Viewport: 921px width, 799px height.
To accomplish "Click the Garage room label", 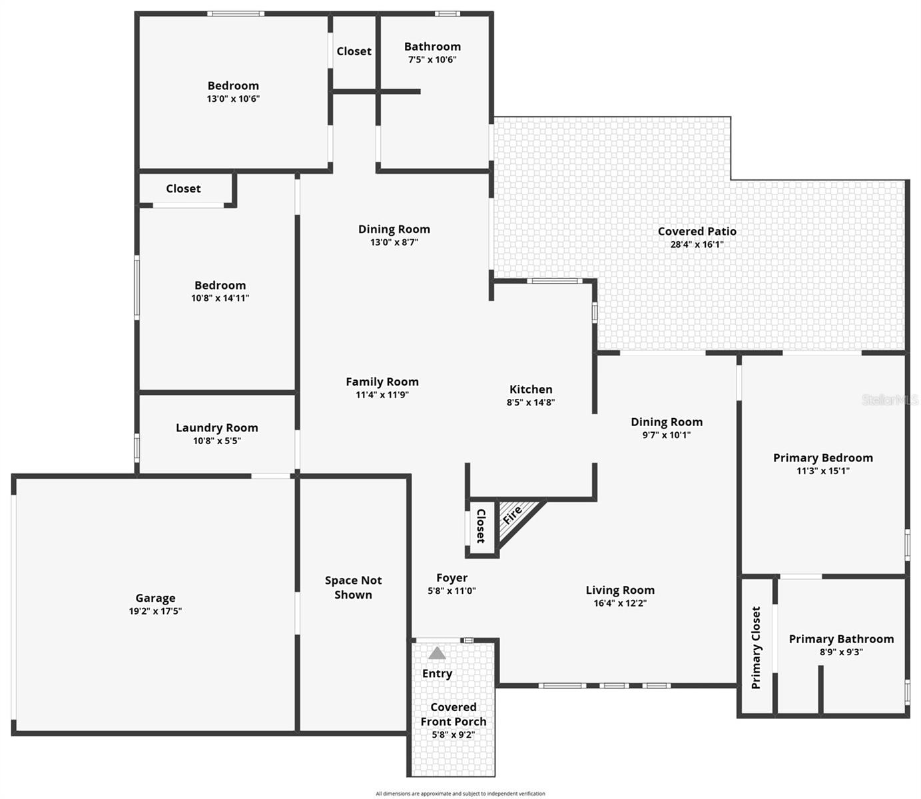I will pyautogui.click(x=155, y=598).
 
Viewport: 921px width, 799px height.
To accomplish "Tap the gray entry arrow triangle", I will pyautogui.click(x=437, y=653).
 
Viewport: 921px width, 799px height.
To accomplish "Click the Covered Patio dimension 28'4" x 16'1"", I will pyautogui.click(x=697, y=244).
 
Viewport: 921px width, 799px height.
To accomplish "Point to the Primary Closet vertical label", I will pyautogui.click(x=756, y=647).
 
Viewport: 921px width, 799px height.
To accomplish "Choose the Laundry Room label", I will pyautogui.click(x=216, y=427).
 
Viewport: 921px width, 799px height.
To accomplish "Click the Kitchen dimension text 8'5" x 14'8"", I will pyautogui.click(x=530, y=402).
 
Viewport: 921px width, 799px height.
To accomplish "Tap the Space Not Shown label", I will pyautogui.click(x=353, y=587).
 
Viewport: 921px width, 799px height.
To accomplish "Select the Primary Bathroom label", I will pyautogui.click(x=841, y=639).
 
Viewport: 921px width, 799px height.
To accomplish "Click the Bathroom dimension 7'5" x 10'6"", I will pyautogui.click(x=432, y=59).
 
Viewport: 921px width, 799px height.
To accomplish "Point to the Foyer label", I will pyautogui.click(x=452, y=578).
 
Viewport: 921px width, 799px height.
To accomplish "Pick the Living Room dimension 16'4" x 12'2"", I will pyautogui.click(x=620, y=603).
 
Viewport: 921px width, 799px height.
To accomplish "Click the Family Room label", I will pyautogui.click(x=382, y=382).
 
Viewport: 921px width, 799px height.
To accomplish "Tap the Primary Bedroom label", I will pyautogui.click(x=822, y=457).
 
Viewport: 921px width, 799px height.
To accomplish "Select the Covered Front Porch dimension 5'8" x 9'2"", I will pyautogui.click(x=453, y=735).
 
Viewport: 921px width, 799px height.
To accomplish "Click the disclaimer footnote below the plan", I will pyautogui.click(x=460, y=793).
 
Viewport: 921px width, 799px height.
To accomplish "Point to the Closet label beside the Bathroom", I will pyautogui.click(x=354, y=51).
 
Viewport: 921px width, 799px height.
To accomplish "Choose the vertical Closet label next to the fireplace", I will pyautogui.click(x=481, y=526).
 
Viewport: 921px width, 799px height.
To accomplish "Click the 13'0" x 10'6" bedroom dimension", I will pyautogui.click(x=233, y=99).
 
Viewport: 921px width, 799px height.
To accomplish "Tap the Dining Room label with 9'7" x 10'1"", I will pyautogui.click(x=666, y=421).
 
